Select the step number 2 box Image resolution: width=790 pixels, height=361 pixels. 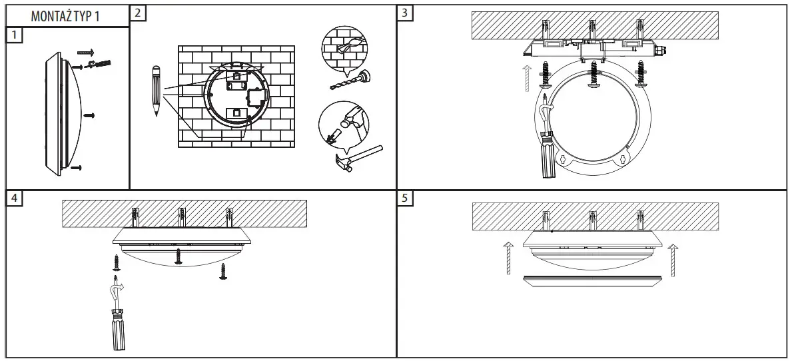pos(137,13)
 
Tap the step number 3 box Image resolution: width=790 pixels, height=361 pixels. pos(404,13)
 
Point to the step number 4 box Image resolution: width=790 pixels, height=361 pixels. pos(14,198)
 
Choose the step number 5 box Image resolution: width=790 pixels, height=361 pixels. pos(404,198)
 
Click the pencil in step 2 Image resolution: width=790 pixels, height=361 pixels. pos(156,90)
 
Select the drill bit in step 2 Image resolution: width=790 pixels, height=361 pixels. pos(347,81)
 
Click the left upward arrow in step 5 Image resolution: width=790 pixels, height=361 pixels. pos(507,257)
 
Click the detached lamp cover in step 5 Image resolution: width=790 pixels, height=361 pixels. pos(591,279)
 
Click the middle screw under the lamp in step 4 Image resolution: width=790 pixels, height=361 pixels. pos(178,256)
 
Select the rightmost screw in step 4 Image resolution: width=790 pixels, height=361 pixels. pos(223,270)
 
